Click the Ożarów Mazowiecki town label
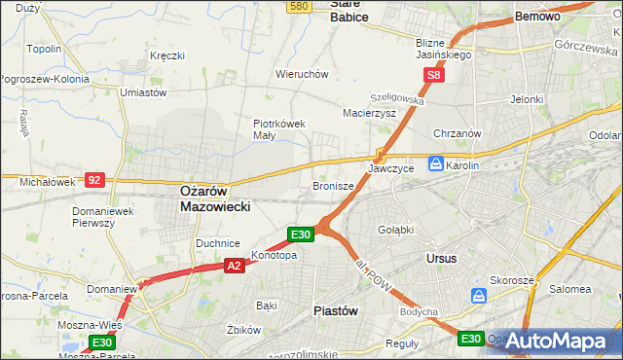coord(216,199)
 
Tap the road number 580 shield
coord(299,6)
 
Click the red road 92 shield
coord(94,179)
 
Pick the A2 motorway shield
coord(234,265)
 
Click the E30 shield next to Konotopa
coord(301,234)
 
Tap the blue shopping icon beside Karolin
coord(437,164)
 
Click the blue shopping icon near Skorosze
coord(479,296)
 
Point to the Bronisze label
coord(332,185)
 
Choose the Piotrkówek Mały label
coord(279,129)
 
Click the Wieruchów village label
coord(302,74)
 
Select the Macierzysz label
coord(369,113)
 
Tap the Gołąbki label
coord(395,230)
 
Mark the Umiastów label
coord(142,91)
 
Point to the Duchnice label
coord(217,243)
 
